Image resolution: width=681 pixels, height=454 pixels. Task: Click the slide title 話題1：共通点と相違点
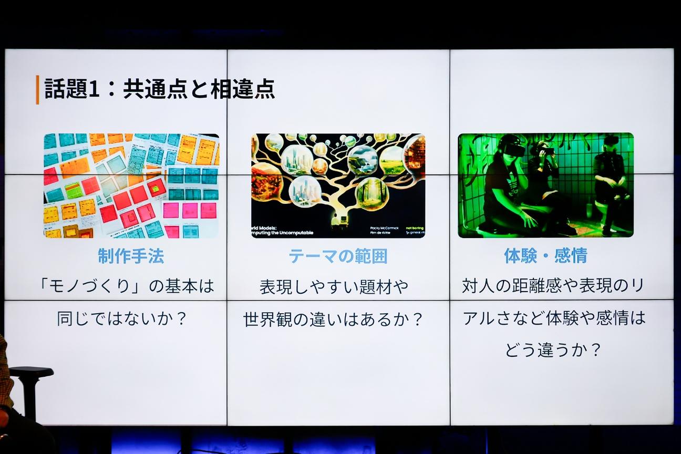[x=160, y=89]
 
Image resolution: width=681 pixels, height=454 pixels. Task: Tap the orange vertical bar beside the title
[x=37, y=90]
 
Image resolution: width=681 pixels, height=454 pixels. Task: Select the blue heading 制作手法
[x=131, y=256]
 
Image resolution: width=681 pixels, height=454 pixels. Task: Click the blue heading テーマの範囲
[x=338, y=256]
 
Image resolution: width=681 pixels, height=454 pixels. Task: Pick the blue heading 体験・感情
[x=545, y=256]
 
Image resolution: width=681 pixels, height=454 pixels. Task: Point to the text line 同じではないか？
[x=122, y=318]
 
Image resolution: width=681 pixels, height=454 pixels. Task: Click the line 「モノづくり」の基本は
[x=127, y=286]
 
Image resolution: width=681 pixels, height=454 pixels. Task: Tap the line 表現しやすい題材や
[x=334, y=287]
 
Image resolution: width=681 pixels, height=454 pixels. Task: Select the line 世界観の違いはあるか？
[x=334, y=319]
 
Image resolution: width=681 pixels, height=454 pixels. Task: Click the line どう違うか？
[x=553, y=350]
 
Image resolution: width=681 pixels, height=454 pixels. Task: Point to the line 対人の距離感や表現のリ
[x=553, y=286]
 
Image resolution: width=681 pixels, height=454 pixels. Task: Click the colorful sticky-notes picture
[x=131, y=185]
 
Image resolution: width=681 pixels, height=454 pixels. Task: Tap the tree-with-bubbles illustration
[x=338, y=185]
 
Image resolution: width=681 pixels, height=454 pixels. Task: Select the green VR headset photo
[x=545, y=185]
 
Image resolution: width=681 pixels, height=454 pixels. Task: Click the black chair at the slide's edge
[x=30, y=389]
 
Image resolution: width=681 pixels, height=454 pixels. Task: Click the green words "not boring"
[x=414, y=228]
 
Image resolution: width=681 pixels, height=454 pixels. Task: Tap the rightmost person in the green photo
[x=610, y=184]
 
